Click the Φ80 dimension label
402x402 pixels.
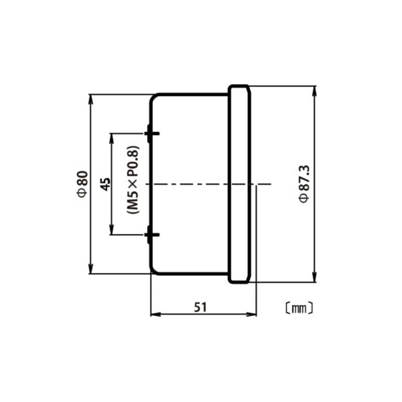pos(83,184)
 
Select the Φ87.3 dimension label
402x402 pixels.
pos(305,184)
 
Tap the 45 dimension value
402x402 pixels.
pos(106,184)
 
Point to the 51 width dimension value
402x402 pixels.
pos(200,307)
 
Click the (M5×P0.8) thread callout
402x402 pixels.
pos(133,180)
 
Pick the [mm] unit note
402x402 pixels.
pos(299,309)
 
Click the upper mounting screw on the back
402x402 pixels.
pos(152,133)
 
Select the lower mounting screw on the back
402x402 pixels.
pos(152,235)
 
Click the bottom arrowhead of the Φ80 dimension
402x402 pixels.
pos(90,269)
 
